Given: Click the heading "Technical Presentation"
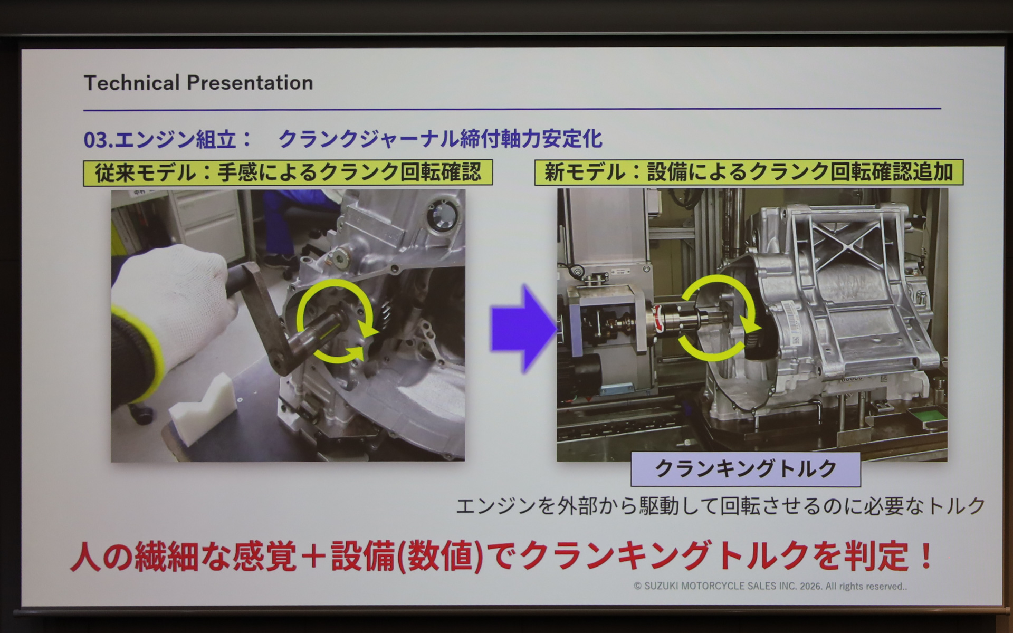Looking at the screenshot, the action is pyautogui.click(x=198, y=83).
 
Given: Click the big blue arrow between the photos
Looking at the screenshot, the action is pyautogui.click(x=522, y=329).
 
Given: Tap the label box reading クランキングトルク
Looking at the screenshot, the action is pyautogui.click(x=746, y=469).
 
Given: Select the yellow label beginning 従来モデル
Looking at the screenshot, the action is pyautogui.click(x=288, y=172).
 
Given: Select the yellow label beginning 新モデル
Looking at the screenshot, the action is pyautogui.click(x=749, y=172).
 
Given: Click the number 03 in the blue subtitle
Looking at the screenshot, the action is pyautogui.click(x=95, y=140).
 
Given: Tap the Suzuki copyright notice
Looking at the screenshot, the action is pyautogui.click(x=770, y=586).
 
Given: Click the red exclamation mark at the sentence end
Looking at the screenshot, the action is pyautogui.click(x=925, y=555).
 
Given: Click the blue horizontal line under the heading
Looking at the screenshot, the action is pyautogui.click(x=512, y=110).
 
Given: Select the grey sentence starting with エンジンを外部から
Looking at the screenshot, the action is pyautogui.click(x=720, y=506).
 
